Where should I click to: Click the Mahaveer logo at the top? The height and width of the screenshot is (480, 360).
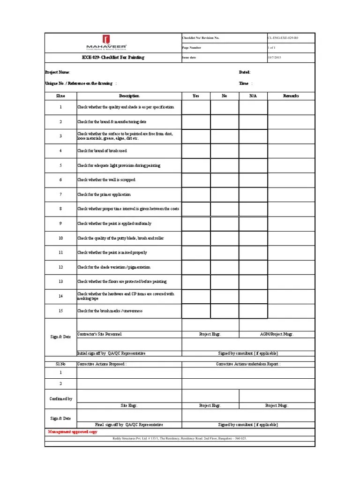(112, 43)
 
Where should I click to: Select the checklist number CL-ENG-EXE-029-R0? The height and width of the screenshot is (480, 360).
(283, 37)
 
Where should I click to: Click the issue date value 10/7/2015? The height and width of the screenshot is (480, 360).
(275, 58)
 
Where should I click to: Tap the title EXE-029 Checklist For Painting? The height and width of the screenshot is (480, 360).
(113, 58)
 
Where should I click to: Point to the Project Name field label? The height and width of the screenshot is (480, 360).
(58, 72)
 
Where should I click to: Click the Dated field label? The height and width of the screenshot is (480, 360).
(245, 72)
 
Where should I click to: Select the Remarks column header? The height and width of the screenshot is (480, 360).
(291, 96)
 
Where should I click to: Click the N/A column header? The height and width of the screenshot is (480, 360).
(253, 96)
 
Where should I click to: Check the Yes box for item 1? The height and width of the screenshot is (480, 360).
(196, 107)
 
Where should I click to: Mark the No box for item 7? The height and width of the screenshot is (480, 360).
(225, 195)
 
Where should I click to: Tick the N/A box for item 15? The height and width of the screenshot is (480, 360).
(253, 311)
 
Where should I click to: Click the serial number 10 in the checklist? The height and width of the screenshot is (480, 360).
(60, 238)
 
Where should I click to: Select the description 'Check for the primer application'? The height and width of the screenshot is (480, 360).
(104, 195)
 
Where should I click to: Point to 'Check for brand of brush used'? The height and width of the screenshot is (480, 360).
(102, 151)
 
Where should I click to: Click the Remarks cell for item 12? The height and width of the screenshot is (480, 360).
(291, 267)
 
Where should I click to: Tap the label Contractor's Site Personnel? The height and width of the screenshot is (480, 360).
(99, 334)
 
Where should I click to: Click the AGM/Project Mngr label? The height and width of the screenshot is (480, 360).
(277, 334)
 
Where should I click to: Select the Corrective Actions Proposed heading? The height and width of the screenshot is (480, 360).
(102, 364)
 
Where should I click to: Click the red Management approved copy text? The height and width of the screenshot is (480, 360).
(73, 432)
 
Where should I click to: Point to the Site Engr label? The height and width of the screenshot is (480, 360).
(129, 405)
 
